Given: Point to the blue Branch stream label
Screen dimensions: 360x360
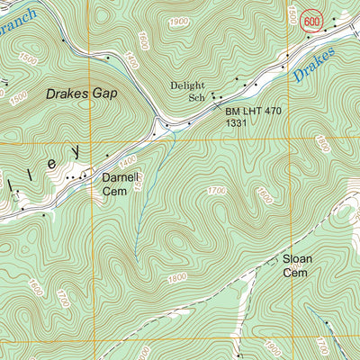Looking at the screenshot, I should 18,15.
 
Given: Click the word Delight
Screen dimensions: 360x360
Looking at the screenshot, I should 188,86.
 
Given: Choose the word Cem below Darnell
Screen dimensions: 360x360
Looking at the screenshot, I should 112,191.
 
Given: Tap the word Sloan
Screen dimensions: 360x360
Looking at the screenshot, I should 297,259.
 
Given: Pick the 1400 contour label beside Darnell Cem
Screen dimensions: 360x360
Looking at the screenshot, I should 127,160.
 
